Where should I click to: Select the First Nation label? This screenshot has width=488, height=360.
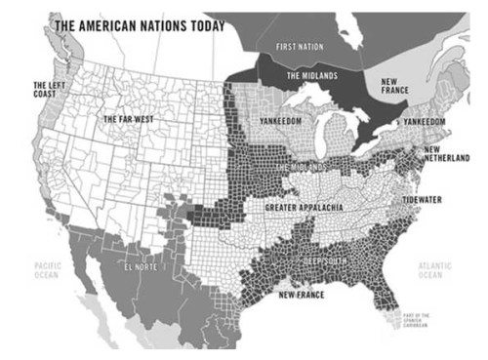point(299,47)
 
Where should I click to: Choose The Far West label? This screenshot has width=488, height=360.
point(131,118)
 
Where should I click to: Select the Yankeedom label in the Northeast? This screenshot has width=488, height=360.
point(423,122)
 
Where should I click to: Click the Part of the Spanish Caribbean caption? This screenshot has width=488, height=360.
point(418,319)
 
